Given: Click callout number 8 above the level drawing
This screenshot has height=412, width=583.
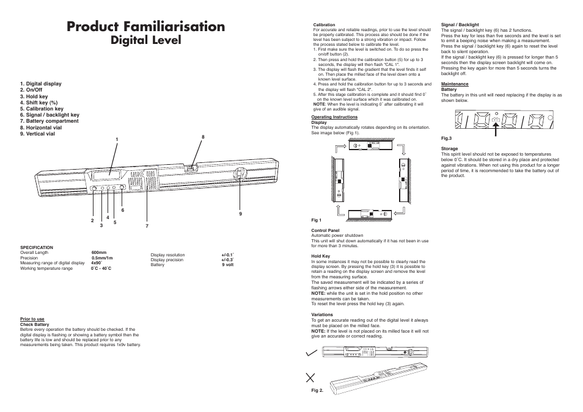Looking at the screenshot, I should point(202,137).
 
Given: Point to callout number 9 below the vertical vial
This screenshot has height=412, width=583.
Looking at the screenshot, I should point(241,213).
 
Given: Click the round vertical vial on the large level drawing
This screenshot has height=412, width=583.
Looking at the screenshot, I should point(240,175).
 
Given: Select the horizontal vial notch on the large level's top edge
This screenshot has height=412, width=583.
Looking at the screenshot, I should point(191,166).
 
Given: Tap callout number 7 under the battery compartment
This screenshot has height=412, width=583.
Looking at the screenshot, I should point(147,226).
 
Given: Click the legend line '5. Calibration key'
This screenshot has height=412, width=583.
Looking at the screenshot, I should point(42,109).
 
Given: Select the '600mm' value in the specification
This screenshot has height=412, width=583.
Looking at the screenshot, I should point(99,252).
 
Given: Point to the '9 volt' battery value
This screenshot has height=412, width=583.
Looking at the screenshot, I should point(227,265).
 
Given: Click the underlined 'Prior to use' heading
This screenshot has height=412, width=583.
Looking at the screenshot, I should point(32,319).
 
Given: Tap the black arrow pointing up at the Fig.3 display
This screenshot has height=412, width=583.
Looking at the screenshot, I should point(496,128).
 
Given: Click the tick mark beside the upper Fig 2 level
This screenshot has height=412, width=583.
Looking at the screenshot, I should point(312,353).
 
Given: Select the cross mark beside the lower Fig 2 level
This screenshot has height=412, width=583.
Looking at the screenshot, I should point(313,378).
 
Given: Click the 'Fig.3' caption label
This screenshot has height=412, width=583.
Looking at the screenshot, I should point(447,138).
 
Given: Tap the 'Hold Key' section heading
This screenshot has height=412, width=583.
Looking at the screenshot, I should point(321,256).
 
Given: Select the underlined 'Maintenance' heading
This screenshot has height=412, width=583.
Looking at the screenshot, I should point(455,84).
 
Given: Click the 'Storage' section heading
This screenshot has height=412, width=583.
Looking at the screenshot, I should point(449,148).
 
